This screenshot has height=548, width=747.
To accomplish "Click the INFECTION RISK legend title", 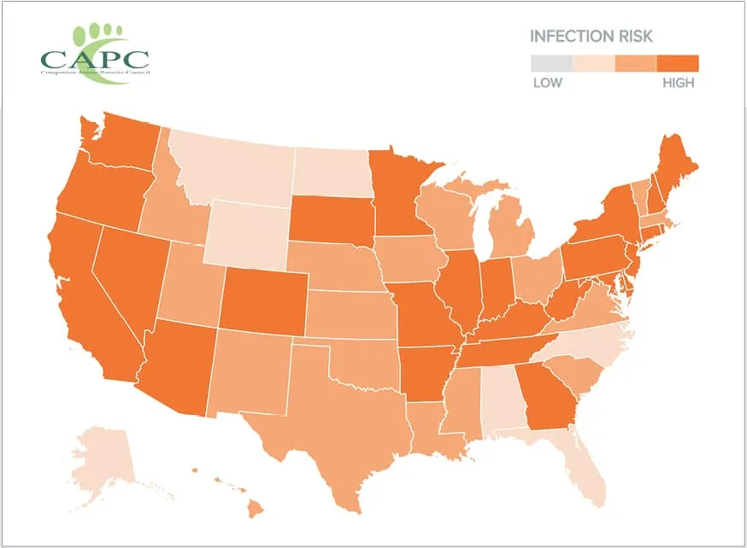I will tap(591, 37).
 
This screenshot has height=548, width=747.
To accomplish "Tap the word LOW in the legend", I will tap(547, 83).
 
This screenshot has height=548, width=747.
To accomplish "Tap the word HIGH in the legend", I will tap(678, 83).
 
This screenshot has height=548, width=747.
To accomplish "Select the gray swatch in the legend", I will tap(551, 63).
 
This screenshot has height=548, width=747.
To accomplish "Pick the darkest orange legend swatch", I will tap(678, 63).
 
